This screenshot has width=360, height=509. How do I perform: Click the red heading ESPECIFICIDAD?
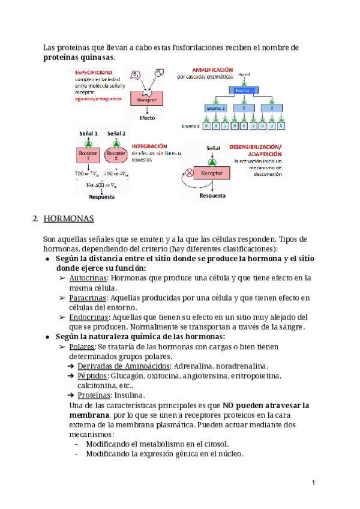93,72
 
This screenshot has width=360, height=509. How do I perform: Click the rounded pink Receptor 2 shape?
115,155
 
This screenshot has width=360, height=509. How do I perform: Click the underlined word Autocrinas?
88,278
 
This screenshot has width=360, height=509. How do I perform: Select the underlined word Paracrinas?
89,298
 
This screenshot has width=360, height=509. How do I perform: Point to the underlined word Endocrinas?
89,317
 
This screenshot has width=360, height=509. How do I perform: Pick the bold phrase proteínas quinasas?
78,57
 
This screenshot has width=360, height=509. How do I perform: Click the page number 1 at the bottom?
313,483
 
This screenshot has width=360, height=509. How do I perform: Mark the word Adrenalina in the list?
194,366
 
